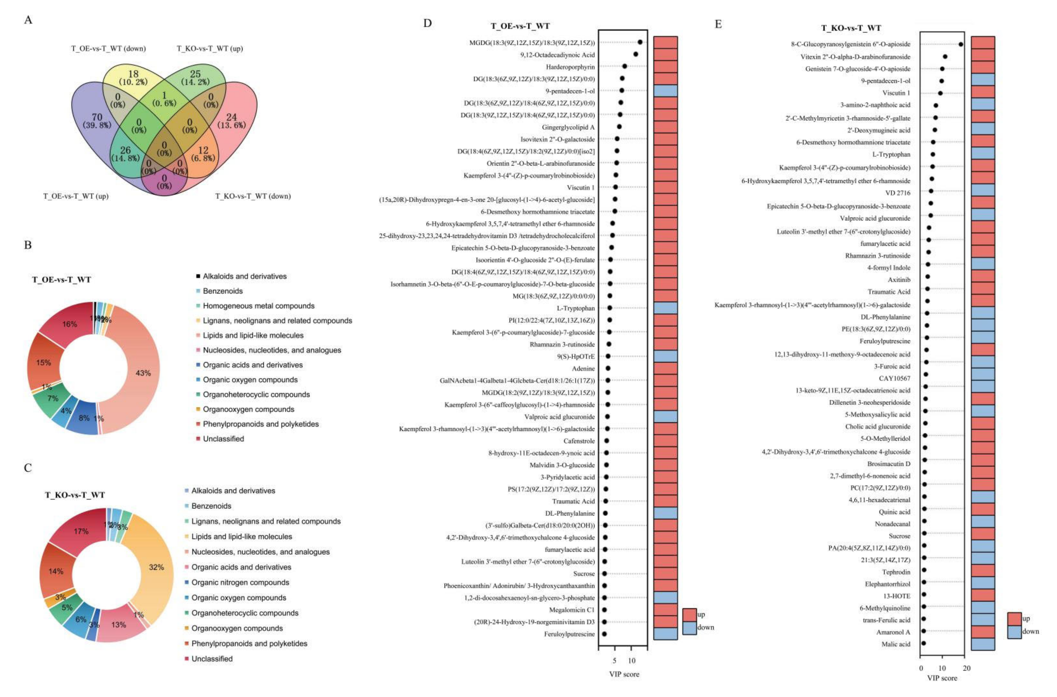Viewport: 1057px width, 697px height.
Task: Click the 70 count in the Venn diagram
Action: (x=97, y=117)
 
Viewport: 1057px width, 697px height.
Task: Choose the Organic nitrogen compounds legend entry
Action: (x=240, y=582)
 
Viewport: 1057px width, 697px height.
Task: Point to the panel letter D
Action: (x=427, y=23)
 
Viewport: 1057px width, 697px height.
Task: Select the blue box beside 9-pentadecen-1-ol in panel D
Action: (x=665, y=91)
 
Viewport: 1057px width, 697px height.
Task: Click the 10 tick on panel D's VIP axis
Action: (x=632, y=661)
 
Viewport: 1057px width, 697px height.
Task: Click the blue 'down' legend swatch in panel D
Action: (x=689, y=628)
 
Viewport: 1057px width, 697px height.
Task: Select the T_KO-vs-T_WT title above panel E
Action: (x=851, y=28)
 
